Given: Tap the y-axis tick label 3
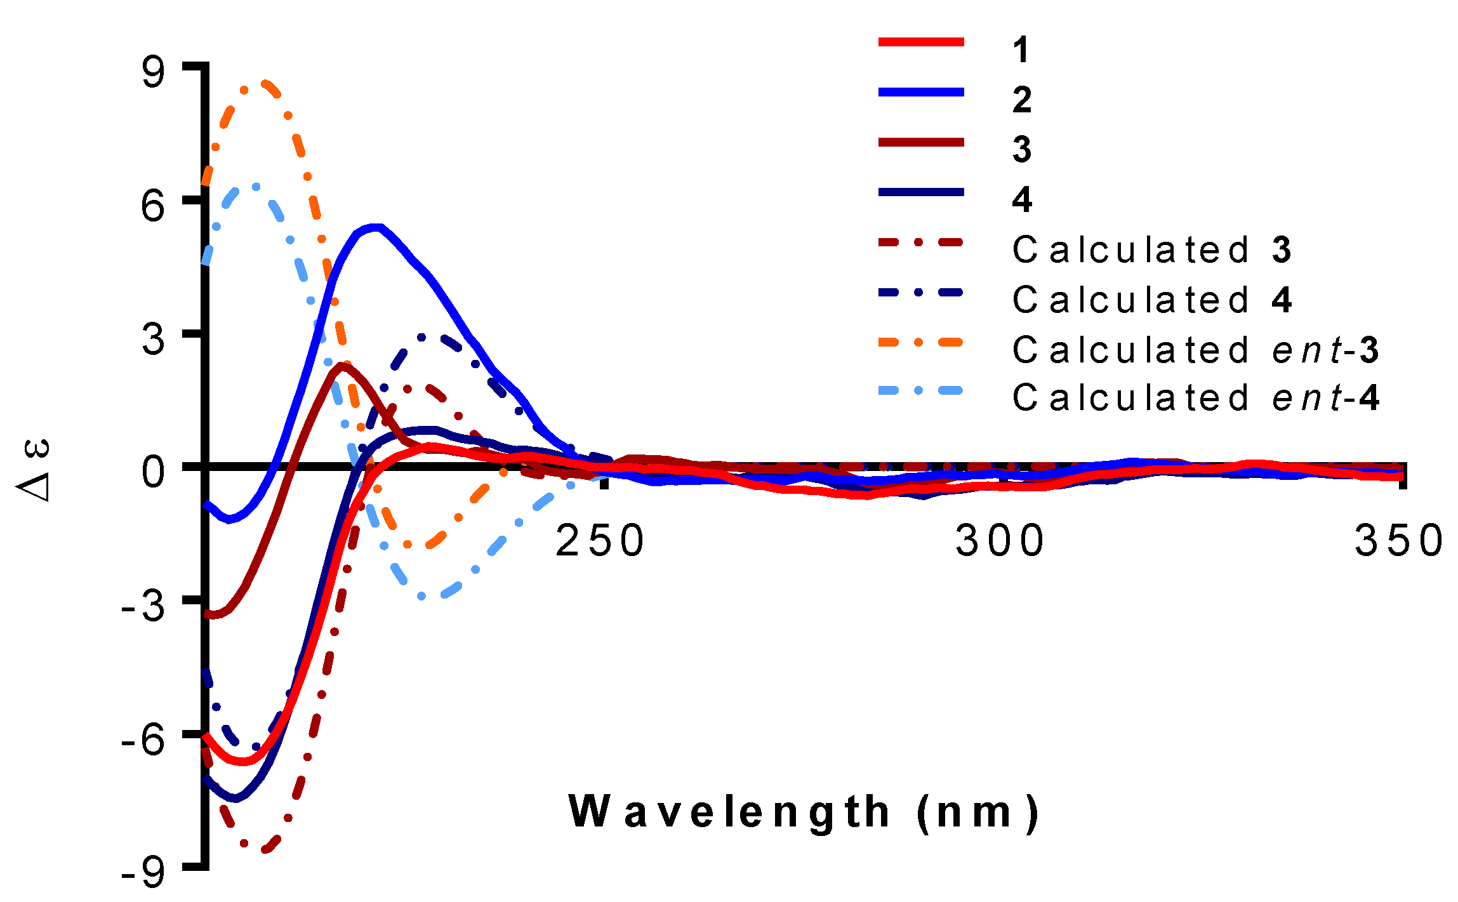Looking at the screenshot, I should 153,340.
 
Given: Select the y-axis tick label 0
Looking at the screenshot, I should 153,473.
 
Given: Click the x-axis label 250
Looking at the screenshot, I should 600,541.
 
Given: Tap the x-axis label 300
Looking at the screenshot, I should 1000,541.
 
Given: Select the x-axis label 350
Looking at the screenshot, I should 1400,541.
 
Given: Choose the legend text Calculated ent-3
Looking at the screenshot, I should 1195,350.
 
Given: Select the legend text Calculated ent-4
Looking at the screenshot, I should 1195,399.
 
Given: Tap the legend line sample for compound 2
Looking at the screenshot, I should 921,93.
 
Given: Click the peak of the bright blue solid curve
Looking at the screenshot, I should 376,227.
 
